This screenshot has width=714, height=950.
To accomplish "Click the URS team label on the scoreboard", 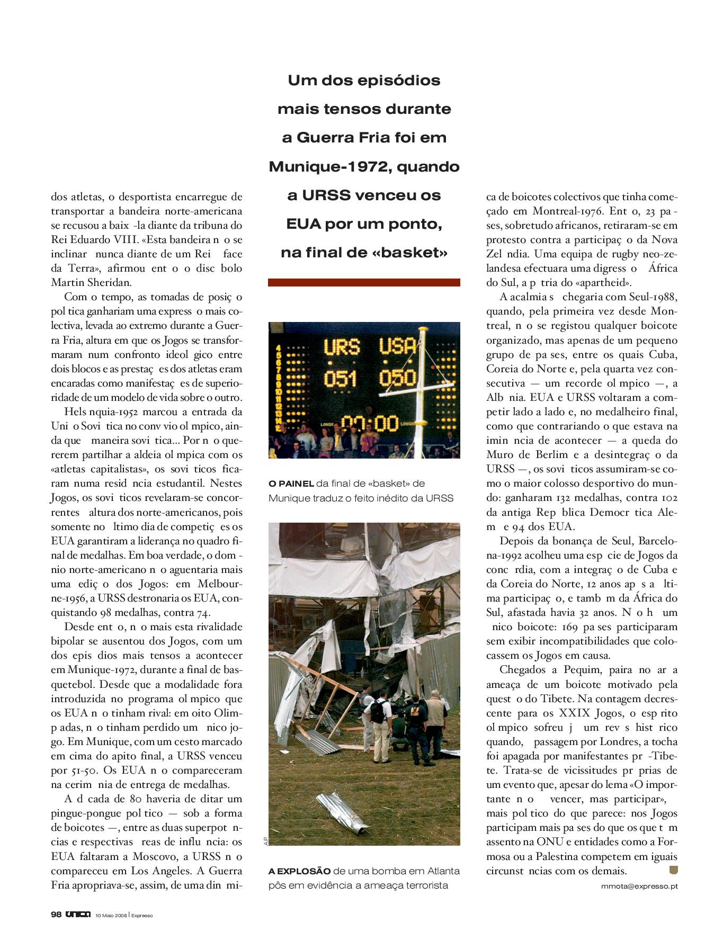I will [x=342, y=347].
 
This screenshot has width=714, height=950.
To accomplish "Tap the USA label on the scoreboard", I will [x=398, y=346].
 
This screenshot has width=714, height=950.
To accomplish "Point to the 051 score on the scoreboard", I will [x=341, y=379].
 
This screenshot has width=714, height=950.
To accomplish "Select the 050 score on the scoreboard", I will [x=397, y=378].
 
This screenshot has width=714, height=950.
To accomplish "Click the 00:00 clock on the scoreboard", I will [x=370, y=423].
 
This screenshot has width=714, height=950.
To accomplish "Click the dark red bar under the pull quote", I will [x=364, y=282].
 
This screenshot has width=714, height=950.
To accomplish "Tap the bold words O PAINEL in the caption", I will [x=291, y=483].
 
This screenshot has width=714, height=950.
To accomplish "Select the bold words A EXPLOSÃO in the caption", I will [x=299, y=871].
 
